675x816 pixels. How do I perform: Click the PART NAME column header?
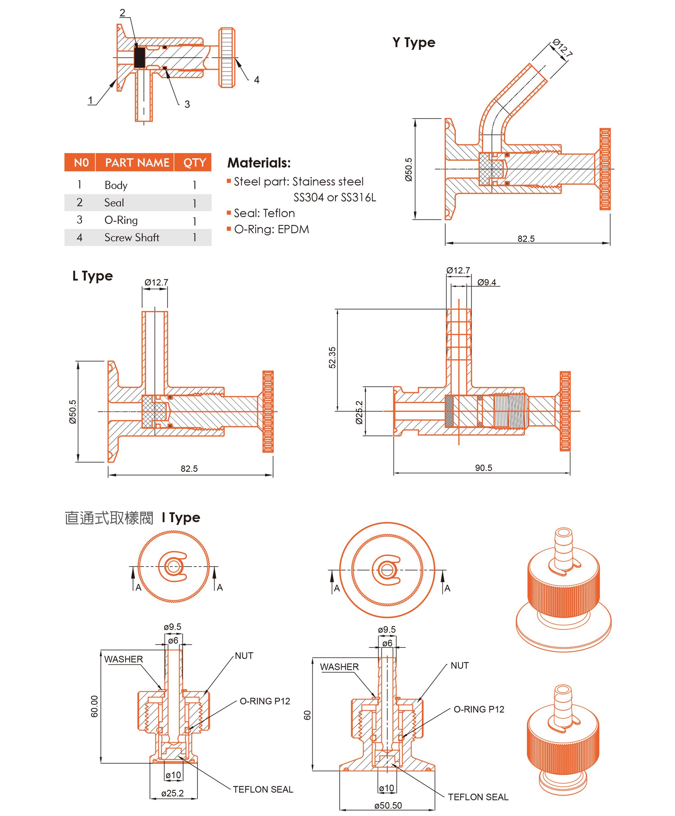coord(137,162)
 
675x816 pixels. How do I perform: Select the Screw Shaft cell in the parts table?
coord(132,237)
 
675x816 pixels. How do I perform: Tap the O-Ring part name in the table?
coord(121,220)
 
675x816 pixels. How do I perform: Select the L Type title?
coord(92,276)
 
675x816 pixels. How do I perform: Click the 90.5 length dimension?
coord(483,468)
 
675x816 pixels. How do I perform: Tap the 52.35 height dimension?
coord(333,358)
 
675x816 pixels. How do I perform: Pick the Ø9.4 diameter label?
coord(486,282)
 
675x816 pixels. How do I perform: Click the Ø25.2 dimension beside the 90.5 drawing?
coord(359,412)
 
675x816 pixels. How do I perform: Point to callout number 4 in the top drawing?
coord(256,80)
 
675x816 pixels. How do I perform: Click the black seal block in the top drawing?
coord(139,57)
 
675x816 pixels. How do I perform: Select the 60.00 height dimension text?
coord(94,706)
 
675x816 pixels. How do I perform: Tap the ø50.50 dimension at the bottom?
coord(388,805)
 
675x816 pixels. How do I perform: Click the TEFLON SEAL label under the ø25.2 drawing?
coord(263,789)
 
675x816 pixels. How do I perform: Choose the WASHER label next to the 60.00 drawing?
coord(124,659)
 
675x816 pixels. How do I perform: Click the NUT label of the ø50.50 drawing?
coord(459,666)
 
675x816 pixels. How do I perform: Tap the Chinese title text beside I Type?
coord(109,518)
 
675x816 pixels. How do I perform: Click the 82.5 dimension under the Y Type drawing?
coord(526,238)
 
